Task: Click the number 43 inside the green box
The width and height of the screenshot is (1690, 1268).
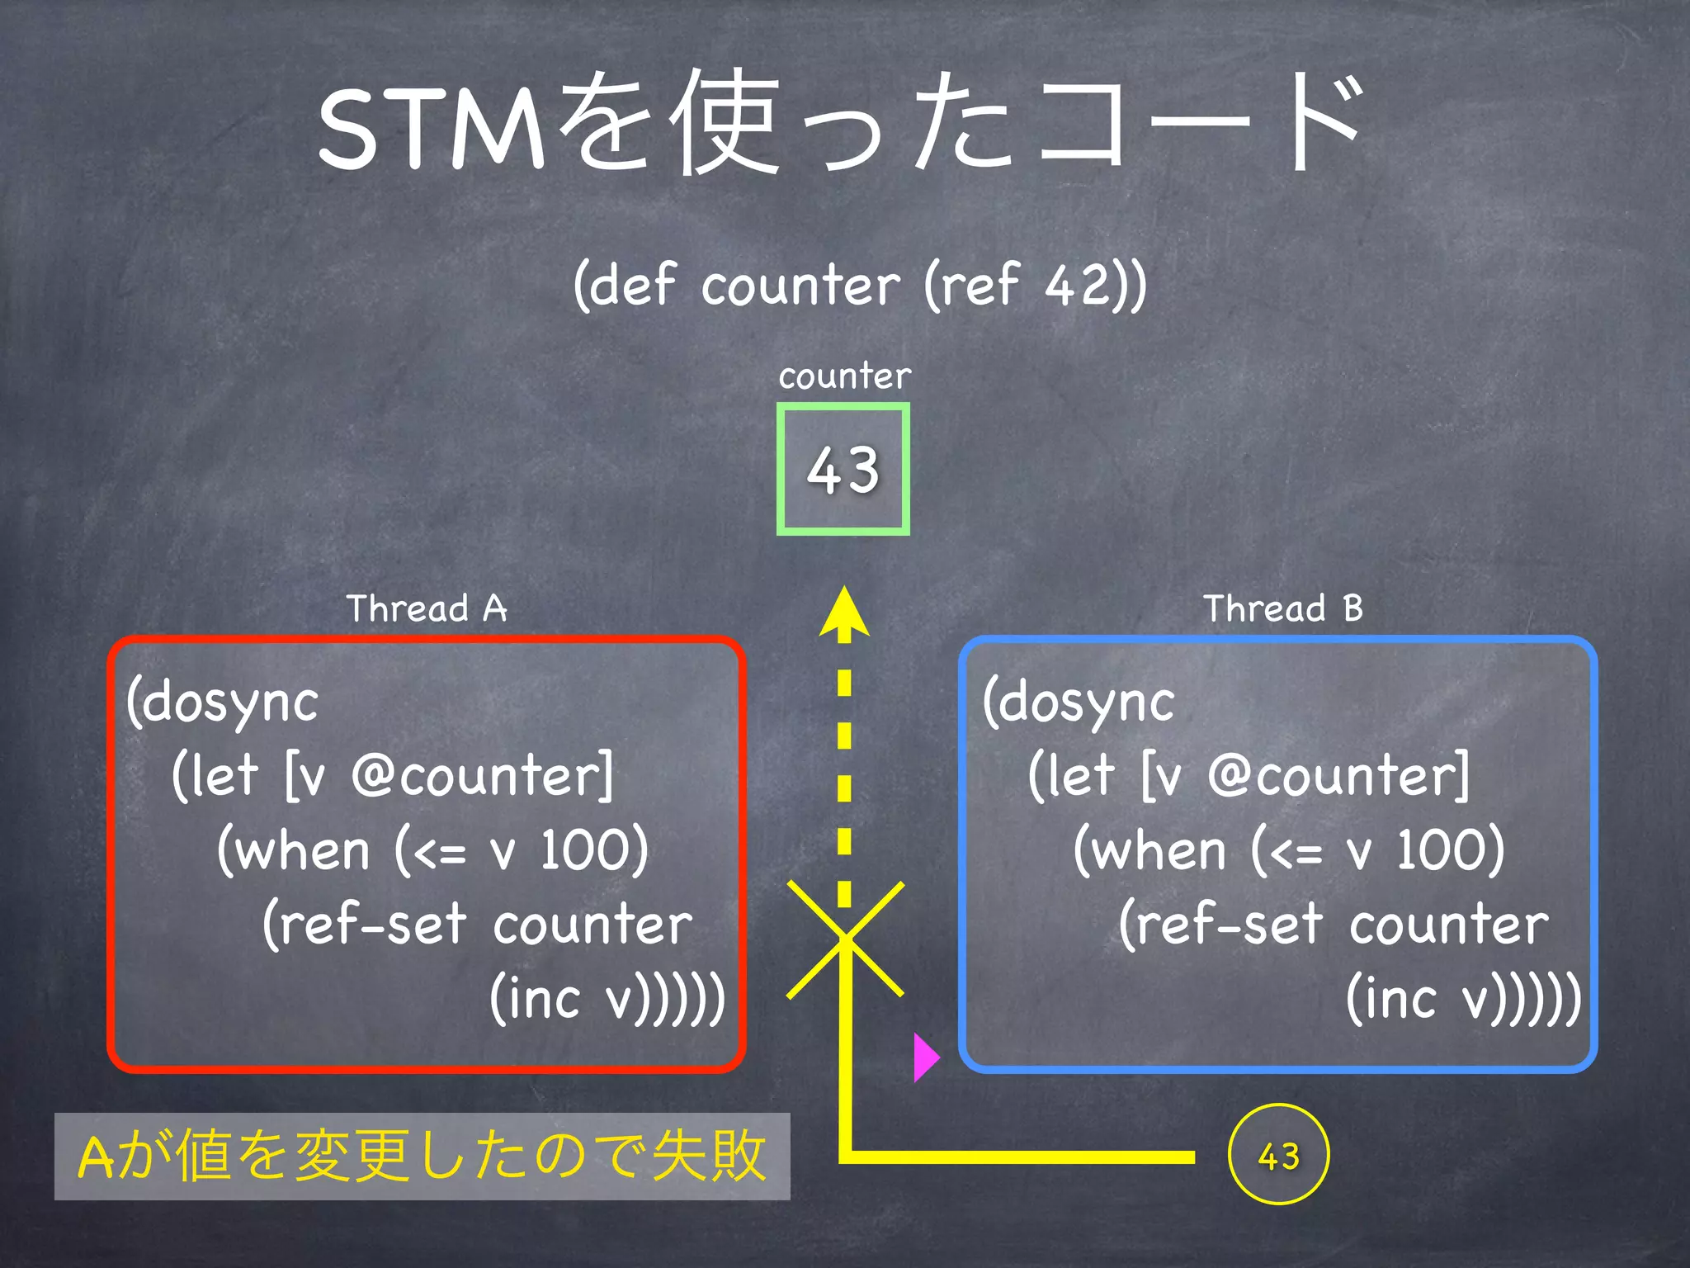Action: (x=843, y=471)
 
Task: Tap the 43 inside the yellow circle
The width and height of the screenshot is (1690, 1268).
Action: (x=1278, y=1156)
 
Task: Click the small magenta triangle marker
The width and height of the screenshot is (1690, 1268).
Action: (x=925, y=1057)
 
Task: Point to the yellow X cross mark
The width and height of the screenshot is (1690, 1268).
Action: (x=845, y=939)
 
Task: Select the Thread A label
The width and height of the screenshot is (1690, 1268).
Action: (x=426, y=608)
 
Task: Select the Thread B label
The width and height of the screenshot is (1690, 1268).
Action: (x=1282, y=608)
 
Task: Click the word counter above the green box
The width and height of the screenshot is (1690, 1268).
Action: (x=844, y=376)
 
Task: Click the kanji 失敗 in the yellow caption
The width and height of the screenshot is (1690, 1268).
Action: (x=708, y=1156)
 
